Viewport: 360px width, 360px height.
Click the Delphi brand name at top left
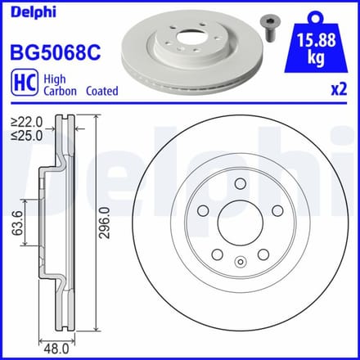click(34, 12)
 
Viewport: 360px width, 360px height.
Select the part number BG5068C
click(56, 52)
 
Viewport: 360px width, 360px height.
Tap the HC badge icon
click(25, 83)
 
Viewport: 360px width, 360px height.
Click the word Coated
click(102, 91)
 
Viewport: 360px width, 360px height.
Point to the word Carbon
click(61, 91)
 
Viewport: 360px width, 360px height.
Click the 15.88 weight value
click(316, 40)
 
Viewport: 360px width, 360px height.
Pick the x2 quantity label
click(339, 89)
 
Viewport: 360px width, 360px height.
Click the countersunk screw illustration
click(269, 29)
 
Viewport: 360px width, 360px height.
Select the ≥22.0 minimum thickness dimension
click(27, 122)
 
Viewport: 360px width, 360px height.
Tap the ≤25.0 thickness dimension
click(27, 135)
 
